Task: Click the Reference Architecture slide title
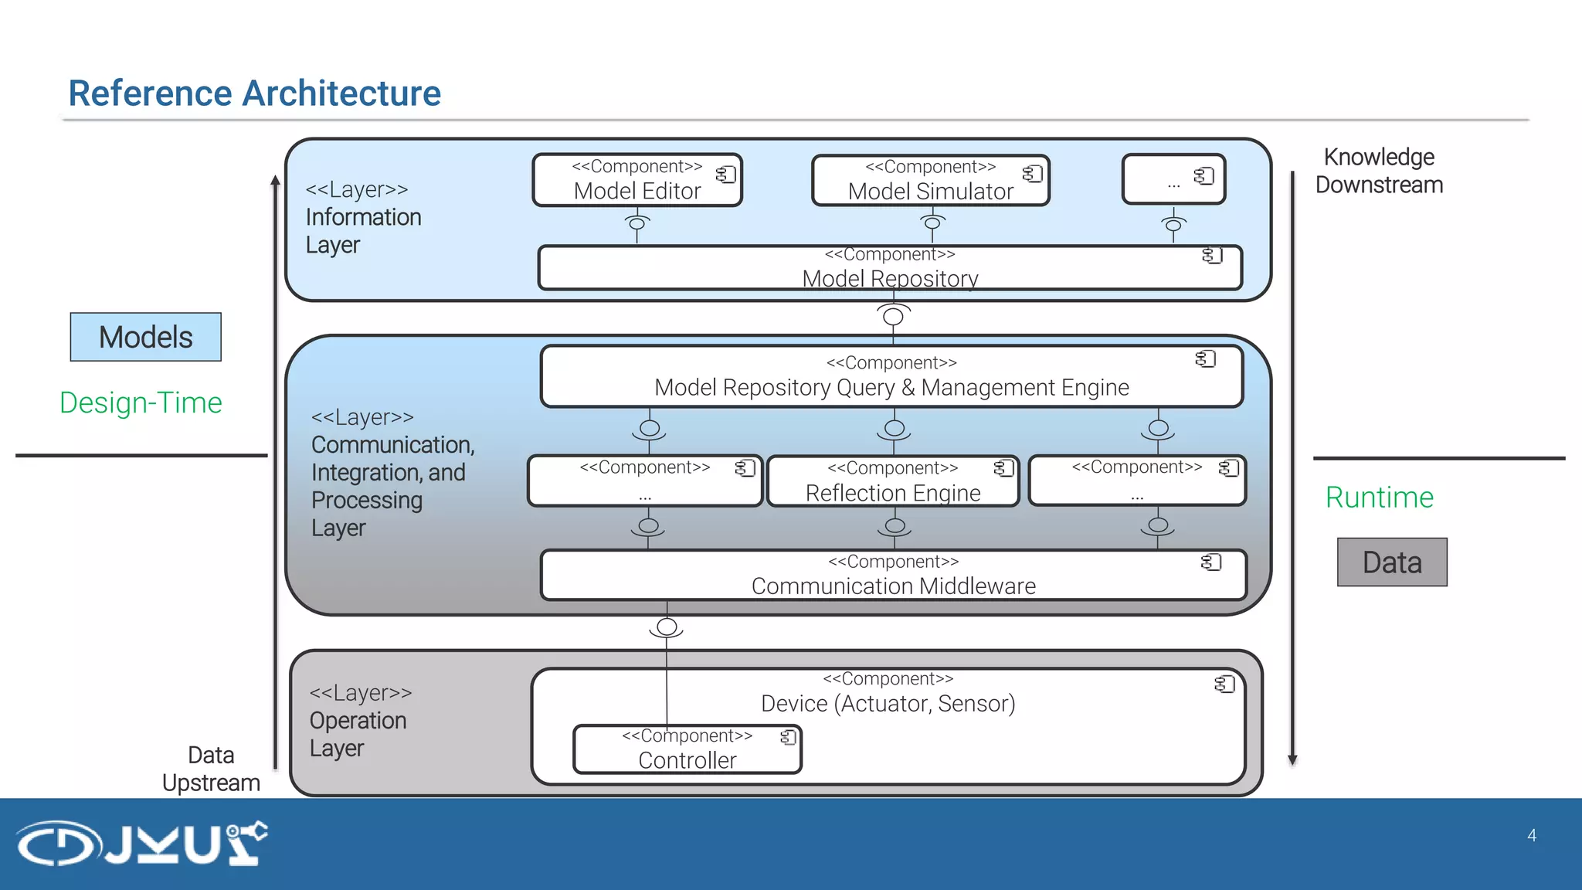click(x=254, y=93)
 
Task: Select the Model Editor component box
click(x=637, y=180)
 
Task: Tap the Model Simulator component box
click(x=930, y=181)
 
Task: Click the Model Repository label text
click(x=890, y=277)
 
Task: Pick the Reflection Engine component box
click(x=892, y=481)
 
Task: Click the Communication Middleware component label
click(x=893, y=586)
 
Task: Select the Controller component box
click(x=687, y=749)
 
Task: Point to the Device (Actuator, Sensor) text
click(x=888, y=703)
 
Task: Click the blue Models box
click(x=145, y=337)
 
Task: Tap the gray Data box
click(x=1392, y=562)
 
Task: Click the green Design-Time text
click(x=141, y=403)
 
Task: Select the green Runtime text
click(x=1379, y=497)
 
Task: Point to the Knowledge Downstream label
click(x=1379, y=171)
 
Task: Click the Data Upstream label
click(x=211, y=769)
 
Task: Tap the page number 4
click(x=1532, y=835)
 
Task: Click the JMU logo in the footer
click(x=142, y=843)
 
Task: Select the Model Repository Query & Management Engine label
click(x=891, y=386)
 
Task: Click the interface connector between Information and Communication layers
click(x=893, y=316)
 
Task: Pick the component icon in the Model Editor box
click(x=725, y=175)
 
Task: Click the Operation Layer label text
click(x=358, y=720)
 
